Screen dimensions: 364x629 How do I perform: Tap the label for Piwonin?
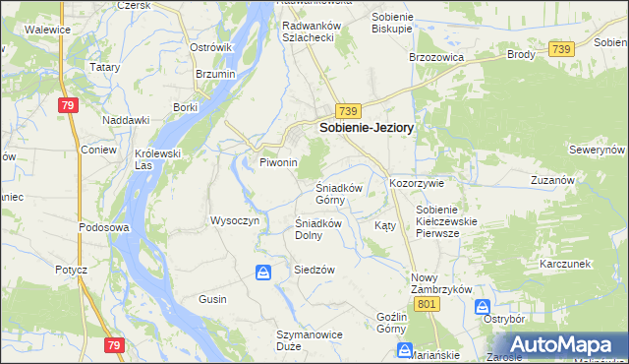(278, 162)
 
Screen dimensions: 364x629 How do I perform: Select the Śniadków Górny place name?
(339, 193)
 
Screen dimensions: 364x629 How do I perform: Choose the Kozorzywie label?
(418, 184)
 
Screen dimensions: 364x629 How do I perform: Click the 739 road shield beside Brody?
(562, 49)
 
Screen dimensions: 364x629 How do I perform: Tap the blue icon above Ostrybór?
(484, 307)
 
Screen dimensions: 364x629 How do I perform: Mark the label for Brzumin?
(214, 75)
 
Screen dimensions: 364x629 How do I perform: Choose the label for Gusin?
(212, 299)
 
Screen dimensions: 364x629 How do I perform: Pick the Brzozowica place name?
(435, 57)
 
